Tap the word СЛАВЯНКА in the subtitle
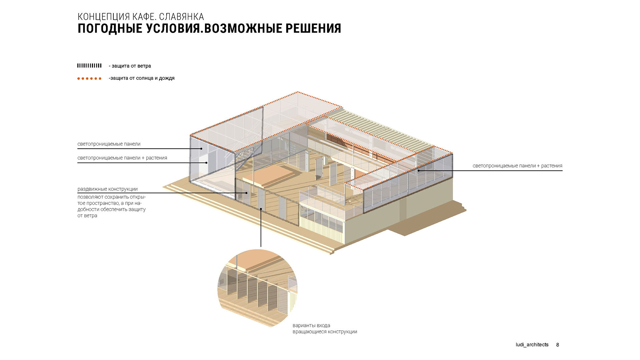pyautogui.click(x=182, y=17)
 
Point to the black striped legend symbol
pyautogui.click(x=89, y=66)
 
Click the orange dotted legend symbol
pyautogui.click(x=89, y=79)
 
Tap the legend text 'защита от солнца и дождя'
pyautogui.click(x=142, y=78)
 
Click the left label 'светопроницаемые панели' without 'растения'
pyautogui.click(x=109, y=144)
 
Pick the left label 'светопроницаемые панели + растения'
pyautogui.click(x=122, y=158)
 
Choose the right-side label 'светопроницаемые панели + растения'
pyautogui.click(x=517, y=166)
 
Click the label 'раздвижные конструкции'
pyautogui.click(x=108, y=189)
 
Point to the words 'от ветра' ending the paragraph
pyautogui.click(x=87, y=216)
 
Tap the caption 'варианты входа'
pyautogui.click(x=311, y=325)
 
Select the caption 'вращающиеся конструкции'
pyautogui.click(x=325, y=332)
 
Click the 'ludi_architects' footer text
pyautogui.click(x=532, y=345)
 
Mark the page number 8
pyautogui.click(x=558, y=345)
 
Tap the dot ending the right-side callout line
pyautogui.click(x=419, y=171)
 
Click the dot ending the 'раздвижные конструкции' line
pyautogui.click(x=246, y=193)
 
